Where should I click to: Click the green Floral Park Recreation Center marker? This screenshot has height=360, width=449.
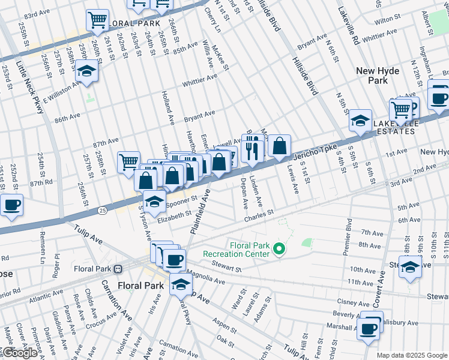[279, 248]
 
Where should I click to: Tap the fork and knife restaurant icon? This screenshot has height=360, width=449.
[252, 146]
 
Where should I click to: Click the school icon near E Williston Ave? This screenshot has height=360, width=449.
[87, 72]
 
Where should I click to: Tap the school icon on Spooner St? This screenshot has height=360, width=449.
[154, 202]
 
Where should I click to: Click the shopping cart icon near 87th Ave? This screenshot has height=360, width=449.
[128, 161]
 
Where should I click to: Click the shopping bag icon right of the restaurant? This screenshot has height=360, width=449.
[280, 145]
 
